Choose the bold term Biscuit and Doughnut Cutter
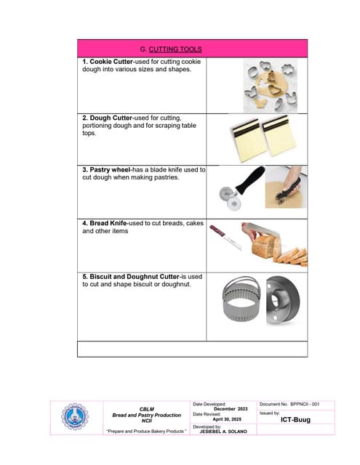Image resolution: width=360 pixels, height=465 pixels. pos(132,276)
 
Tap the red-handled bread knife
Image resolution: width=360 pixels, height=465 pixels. pos(226,238)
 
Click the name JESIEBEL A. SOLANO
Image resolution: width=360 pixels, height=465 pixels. pos(223,432)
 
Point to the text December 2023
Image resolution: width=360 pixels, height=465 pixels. pos(231,409)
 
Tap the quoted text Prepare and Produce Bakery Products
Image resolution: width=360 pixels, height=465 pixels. pos(146,432)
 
